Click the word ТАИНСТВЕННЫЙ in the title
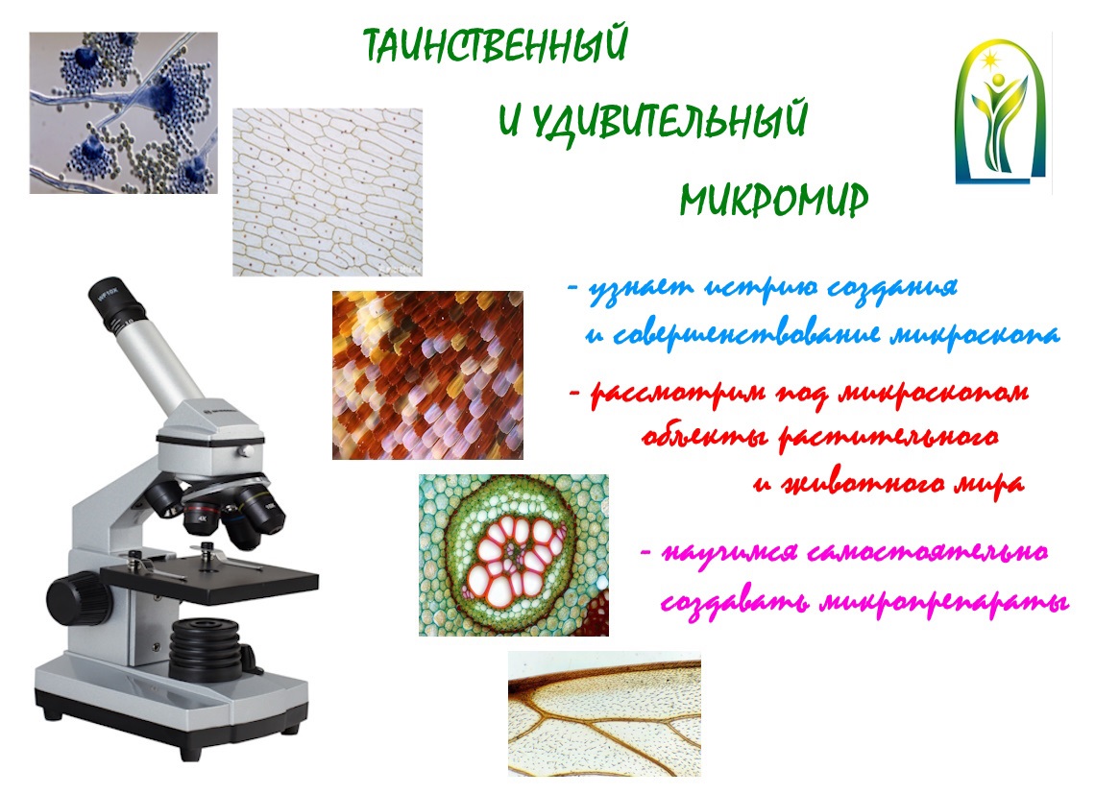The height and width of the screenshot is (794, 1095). point(496,45)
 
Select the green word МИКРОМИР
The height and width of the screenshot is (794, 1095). point(774,201)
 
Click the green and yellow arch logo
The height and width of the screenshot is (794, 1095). point(1001,110)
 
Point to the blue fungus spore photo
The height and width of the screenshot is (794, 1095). point(124,113)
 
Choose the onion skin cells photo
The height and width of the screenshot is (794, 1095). point(328,192)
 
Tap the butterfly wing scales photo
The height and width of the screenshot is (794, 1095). point(427,375)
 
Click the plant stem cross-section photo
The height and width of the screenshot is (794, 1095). point(514,555)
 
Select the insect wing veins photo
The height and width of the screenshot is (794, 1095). point(604,713)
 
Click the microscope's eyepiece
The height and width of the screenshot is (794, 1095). point(116,304)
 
